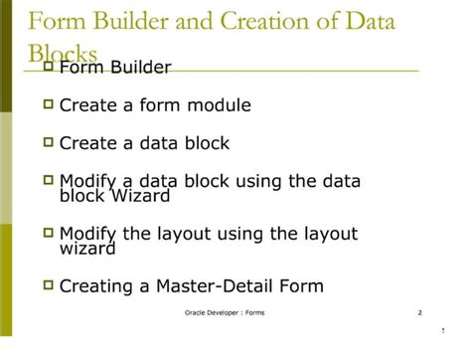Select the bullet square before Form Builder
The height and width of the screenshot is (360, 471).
47,67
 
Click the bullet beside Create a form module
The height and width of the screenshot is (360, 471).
47,103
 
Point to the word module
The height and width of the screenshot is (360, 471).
219,104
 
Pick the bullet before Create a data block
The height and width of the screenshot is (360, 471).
47,142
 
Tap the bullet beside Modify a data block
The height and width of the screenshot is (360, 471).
47,180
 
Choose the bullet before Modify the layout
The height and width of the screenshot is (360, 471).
47,234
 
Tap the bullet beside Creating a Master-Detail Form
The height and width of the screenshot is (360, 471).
47,286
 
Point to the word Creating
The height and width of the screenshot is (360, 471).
96,287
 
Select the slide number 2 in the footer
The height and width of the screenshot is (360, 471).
419,314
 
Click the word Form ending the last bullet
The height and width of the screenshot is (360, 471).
301,287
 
